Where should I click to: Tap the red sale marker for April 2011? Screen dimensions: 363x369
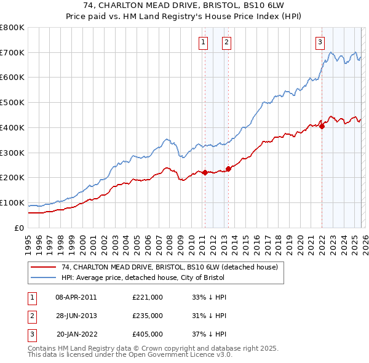(204, 172)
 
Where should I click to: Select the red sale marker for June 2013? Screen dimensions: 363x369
(228, 169)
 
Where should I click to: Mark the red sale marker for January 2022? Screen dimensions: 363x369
(322, 126)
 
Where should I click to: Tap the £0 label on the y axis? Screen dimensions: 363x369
(20, 228)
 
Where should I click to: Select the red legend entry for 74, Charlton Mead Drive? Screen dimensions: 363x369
(170, 267)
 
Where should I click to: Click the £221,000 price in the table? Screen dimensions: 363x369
(148, 297)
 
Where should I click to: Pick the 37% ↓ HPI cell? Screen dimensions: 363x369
(210, 335)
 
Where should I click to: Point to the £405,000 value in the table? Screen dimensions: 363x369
(148, 335)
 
